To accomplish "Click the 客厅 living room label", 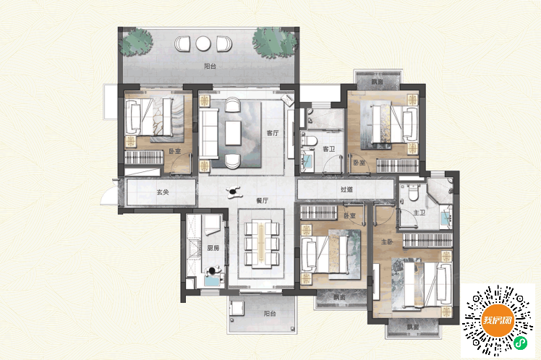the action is pos(273,133).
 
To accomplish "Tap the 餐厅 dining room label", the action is pos(263,200).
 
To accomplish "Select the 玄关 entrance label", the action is pos(163,192).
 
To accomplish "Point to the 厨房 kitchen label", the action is pos(213,247).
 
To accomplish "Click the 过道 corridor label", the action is pos(346,189).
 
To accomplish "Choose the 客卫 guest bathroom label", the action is pos(329,149).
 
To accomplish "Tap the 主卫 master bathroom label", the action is pos(419,213).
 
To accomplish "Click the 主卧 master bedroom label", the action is pos(387,241).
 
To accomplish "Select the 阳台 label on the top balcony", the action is pos(210,67).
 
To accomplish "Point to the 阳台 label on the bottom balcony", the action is pos(270,314).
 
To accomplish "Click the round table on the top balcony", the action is pos(203,44).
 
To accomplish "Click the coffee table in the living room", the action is pos(233,133).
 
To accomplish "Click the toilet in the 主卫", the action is pos(413,192).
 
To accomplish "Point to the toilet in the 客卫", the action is pos(309,140).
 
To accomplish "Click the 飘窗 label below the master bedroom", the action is pos(412,327).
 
